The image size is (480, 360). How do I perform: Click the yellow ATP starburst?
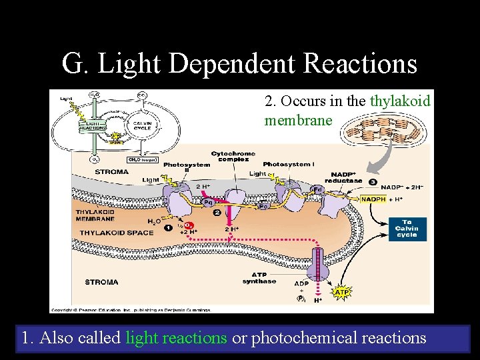point(341,291)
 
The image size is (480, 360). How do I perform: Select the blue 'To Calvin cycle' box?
point(406,229)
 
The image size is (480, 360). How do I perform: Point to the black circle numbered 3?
point(373,182)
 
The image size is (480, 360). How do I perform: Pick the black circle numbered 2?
point(217,213)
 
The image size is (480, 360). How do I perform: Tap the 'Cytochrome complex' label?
point(230,157)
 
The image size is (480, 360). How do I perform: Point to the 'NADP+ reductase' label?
point(343,177)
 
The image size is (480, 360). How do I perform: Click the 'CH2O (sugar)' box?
point(142,159)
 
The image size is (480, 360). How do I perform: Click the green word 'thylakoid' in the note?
point(400,101)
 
